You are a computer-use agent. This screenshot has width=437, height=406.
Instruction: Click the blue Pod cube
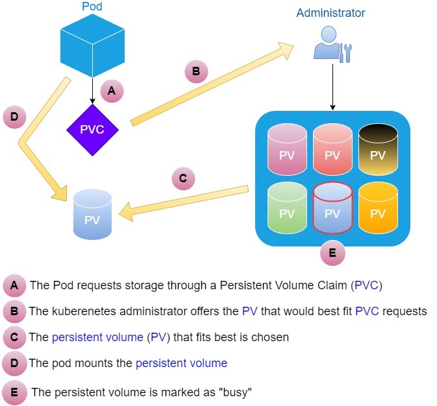click(x=92, y=45)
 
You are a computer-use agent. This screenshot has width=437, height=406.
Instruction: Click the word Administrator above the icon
click(x=331, y=13)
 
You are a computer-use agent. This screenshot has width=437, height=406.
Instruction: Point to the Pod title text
click(x=92, y=7)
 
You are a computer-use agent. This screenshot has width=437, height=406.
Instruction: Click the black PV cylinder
click(x=377, y=150)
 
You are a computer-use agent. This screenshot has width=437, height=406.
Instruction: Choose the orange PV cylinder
click(x=377, y=207)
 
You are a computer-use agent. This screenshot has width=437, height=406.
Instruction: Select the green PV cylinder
click(x=287, y=207)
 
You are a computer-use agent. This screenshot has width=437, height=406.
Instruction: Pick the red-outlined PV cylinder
click(x=332, y=207)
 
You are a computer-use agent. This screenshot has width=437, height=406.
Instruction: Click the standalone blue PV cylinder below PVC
click(x=92, y=215)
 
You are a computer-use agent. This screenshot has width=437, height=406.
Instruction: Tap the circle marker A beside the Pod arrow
click(x=112, y=92)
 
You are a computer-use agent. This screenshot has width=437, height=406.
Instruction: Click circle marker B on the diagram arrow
click(x=196, y=71)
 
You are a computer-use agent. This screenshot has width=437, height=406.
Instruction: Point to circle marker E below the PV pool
click(x=332, y=254)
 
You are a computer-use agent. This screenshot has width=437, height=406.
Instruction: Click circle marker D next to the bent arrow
click(x=14, y=117)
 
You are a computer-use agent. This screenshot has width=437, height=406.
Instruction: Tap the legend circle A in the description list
click(x=14, y=285)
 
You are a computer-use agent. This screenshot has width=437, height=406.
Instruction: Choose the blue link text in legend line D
click(x=181, y=363)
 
